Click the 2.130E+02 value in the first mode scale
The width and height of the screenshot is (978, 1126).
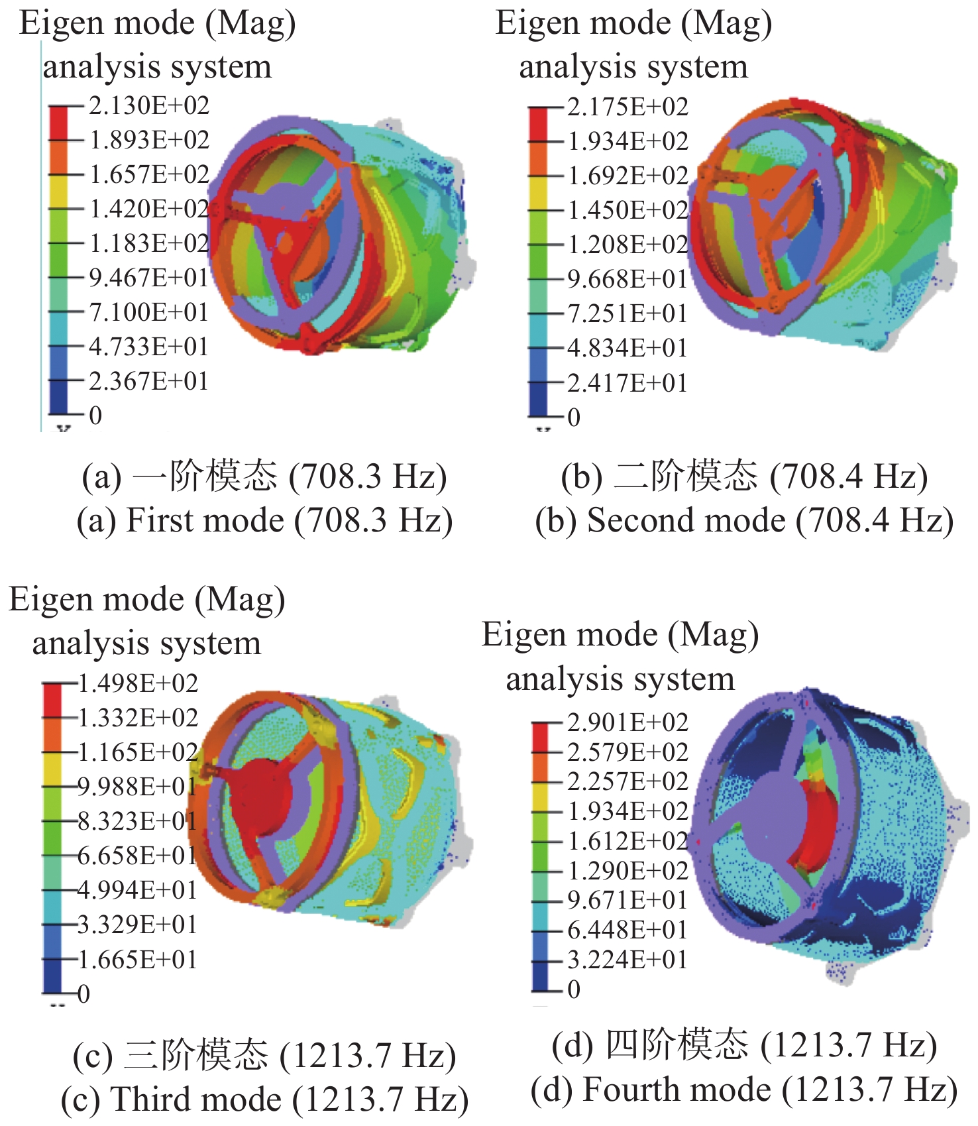(149, 106)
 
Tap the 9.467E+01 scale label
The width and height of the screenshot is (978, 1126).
(149, 278)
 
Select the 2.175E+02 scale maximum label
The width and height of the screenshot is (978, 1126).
(627, 107)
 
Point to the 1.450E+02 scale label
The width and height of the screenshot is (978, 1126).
(627, 211)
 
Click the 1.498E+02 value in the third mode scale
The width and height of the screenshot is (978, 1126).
(138, 683)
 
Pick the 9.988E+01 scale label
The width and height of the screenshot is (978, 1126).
(138, 787)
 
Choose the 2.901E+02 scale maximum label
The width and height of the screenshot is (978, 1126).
(627, 722)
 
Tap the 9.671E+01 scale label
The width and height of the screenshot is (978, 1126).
(627, 901)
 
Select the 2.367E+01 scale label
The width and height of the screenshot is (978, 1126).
(149, 382)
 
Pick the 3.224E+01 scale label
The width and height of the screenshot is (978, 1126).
(627, 960)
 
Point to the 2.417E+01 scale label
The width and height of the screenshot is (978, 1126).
(627, 384)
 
